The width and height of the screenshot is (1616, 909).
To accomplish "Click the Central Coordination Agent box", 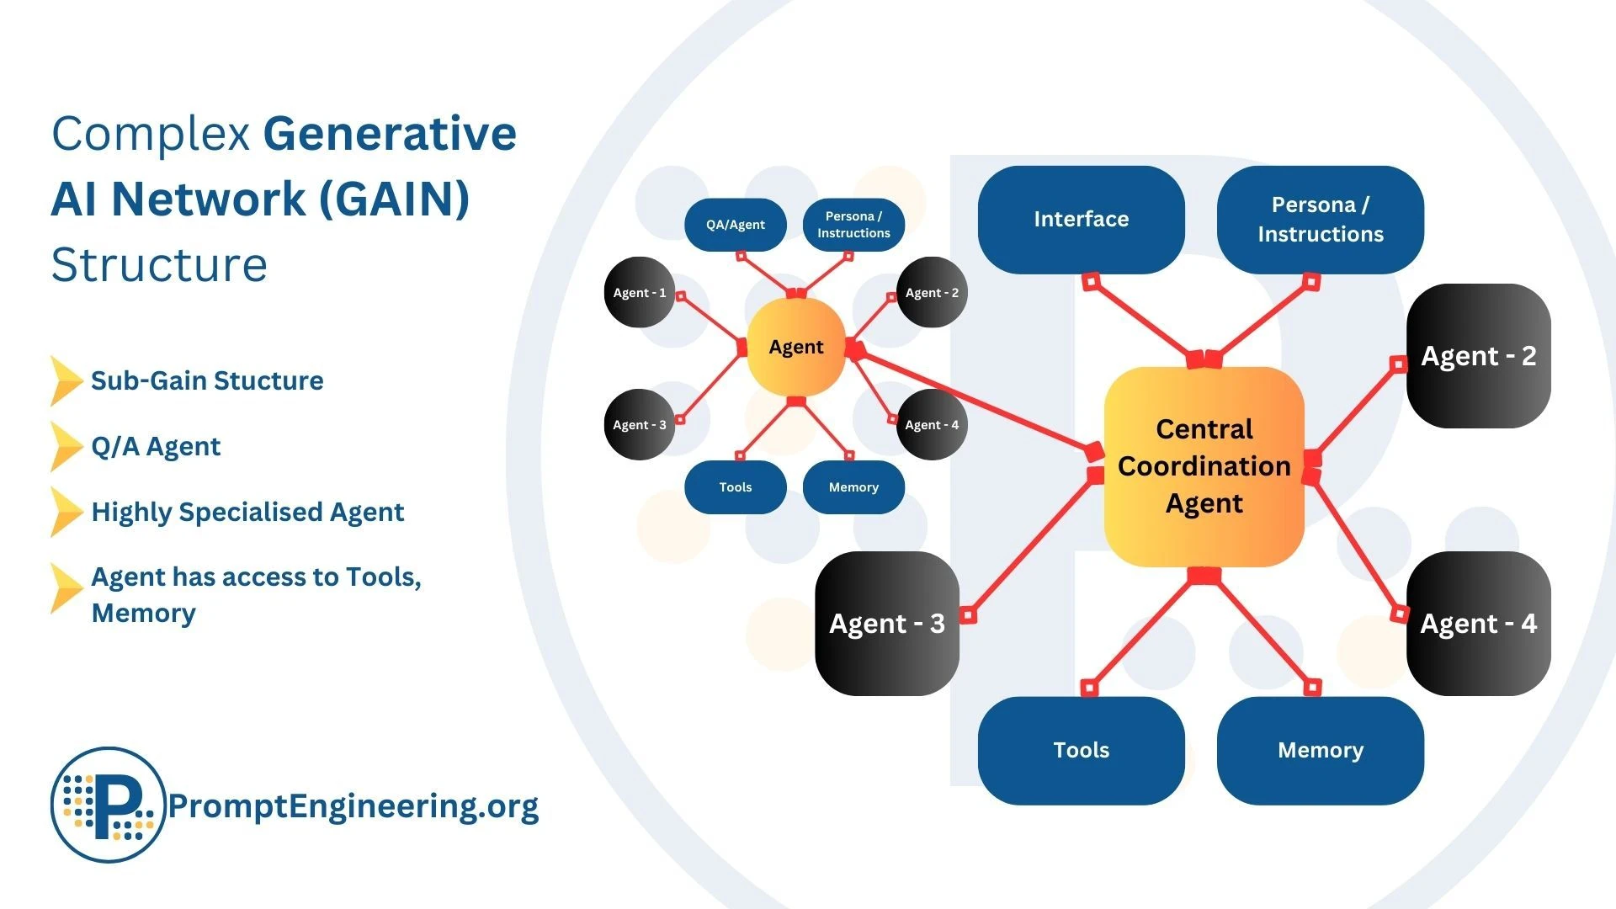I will [x=1204, y=466].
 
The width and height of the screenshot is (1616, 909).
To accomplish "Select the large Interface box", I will [x=1081, y=220].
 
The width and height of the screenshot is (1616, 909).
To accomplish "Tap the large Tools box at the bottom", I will [x=1081, y=750].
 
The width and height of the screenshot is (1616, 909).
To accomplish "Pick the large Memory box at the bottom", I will [x=1320, y=750].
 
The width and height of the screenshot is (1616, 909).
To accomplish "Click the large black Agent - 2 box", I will [x=1478, y=356].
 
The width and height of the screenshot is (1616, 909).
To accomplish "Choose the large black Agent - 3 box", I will [x=886, y=624].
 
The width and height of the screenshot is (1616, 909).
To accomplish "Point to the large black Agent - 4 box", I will [x=1478, y=624].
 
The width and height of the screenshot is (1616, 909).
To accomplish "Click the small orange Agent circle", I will [x=795, y=347].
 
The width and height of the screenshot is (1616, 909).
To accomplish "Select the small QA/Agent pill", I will [x=735, y=225].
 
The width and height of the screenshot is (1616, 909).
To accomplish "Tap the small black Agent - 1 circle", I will [x=639, y=293].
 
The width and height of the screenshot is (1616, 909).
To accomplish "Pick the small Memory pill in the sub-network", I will [x=853, y=487].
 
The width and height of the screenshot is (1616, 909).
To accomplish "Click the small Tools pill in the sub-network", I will [x=735, y=487].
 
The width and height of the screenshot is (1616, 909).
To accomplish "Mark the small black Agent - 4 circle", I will [x=932, y=425].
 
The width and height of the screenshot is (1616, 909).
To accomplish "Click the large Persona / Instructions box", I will [x=1320, y=220].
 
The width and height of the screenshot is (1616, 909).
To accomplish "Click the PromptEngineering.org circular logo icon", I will [x=108, y=805].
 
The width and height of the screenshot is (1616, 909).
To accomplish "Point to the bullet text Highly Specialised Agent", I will [x=247, y=512].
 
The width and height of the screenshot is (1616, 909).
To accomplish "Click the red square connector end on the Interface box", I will [x=1091, y=281].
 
